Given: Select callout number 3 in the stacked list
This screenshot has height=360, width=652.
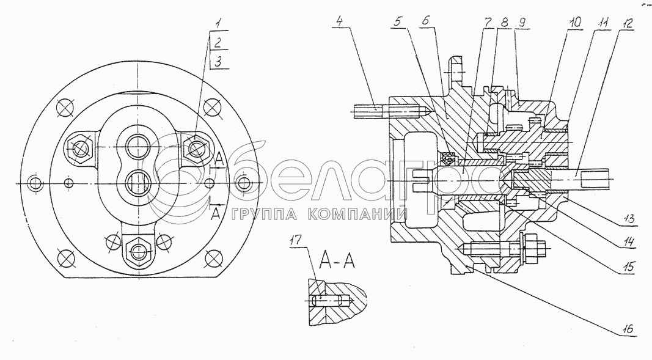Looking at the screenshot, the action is tap(219, 62).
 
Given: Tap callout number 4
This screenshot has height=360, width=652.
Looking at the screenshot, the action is tap(340, 20).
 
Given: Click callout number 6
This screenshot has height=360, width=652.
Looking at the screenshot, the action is tap(424, 21).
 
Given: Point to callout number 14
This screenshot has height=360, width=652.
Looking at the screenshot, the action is tap(629, 241).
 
